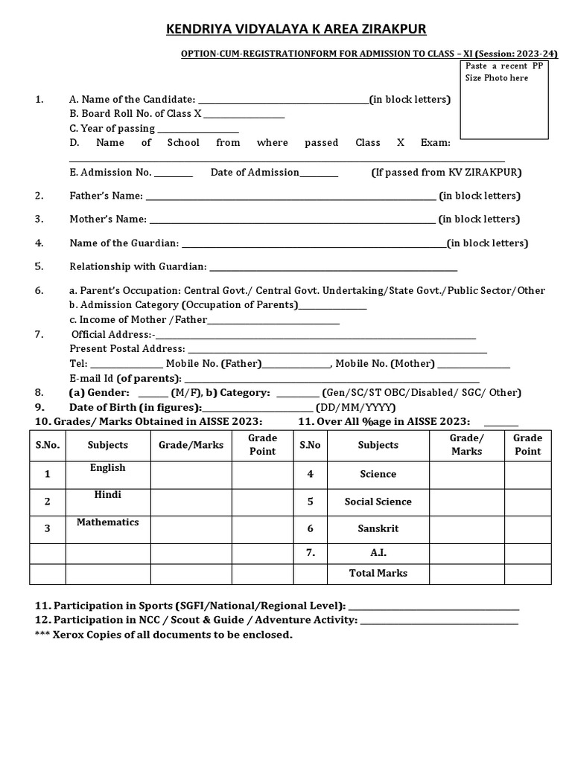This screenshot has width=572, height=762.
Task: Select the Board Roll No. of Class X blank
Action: click(244, 115)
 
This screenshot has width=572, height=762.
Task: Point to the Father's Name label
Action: click(106, 196)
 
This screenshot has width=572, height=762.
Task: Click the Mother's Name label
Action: click(108, 220)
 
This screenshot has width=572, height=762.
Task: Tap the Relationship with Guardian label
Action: click(138, 266)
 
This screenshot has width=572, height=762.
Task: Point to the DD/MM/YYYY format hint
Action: click(356, 408)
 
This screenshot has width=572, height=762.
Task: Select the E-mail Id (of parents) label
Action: click(126, 378)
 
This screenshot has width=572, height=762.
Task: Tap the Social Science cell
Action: click(378, 502)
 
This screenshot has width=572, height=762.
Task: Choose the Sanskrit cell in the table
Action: click(378, 529)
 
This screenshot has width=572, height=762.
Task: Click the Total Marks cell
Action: click(378, 574)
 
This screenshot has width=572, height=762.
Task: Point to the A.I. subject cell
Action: click(378, 553)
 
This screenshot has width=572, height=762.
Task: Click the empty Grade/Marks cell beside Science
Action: click(466, 474)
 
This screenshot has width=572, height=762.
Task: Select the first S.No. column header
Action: click(48, 445)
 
